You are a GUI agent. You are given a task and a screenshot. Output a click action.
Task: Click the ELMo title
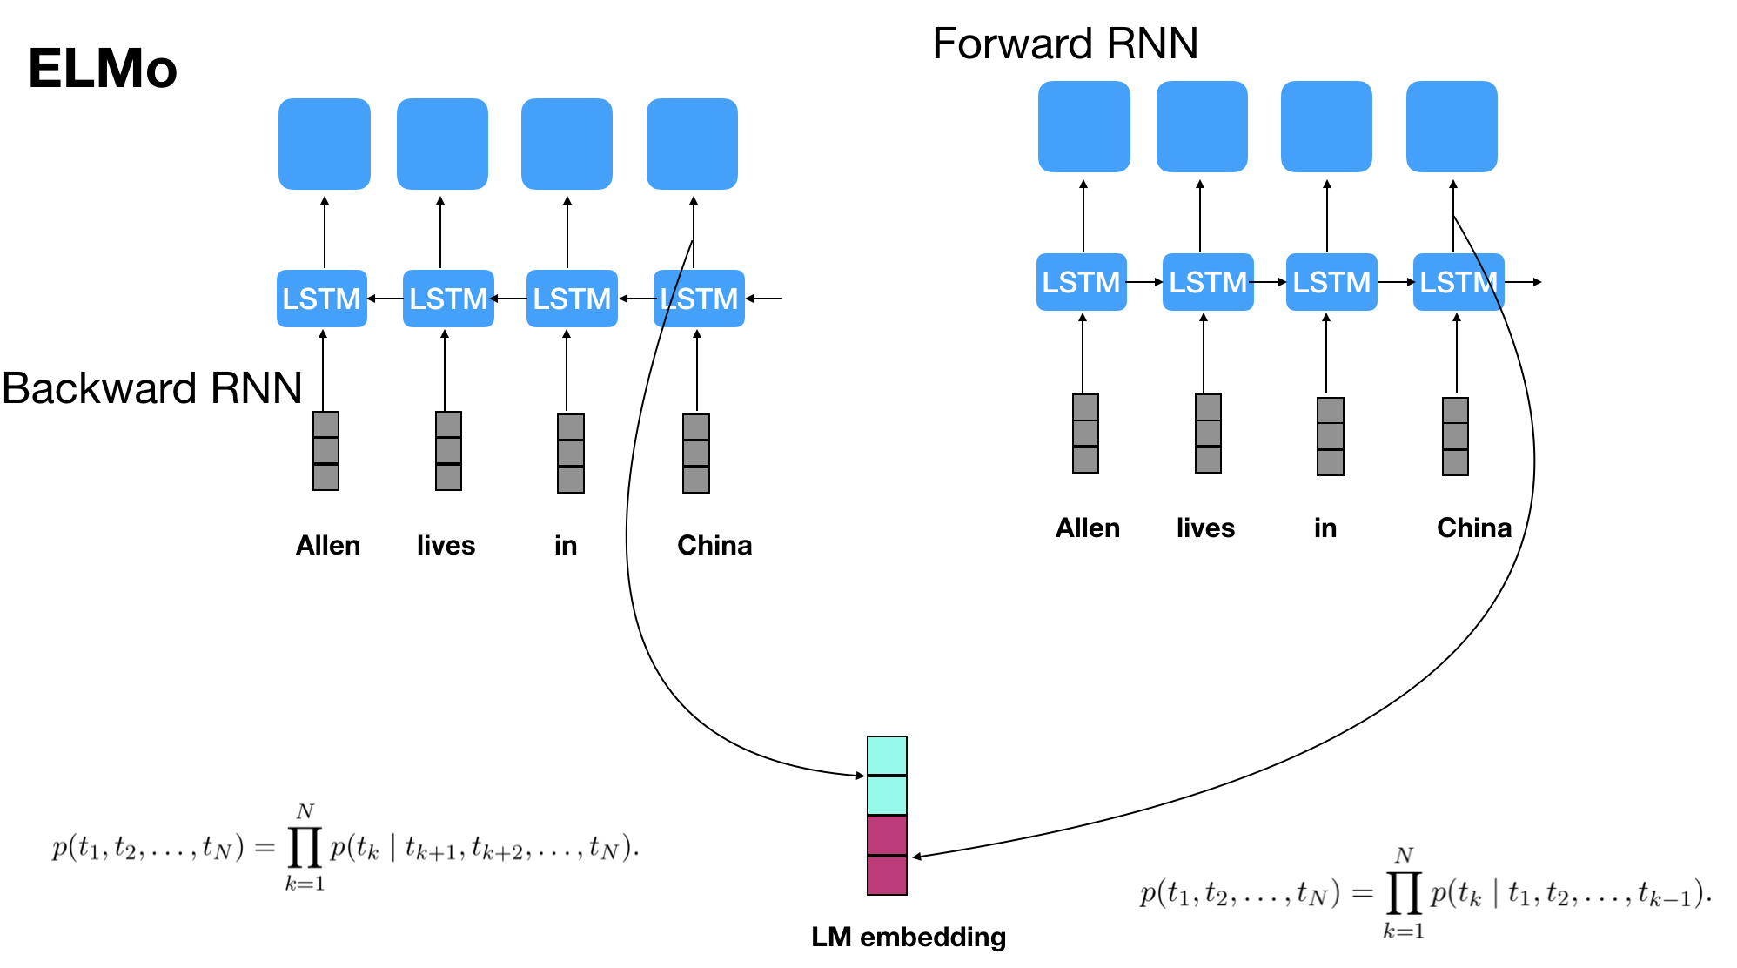pos(103,68)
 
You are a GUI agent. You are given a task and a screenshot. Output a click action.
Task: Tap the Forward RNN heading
pos(1064,44)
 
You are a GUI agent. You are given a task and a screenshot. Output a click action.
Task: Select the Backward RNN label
pos(152,388)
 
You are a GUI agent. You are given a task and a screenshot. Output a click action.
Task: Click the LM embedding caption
pos(908,937)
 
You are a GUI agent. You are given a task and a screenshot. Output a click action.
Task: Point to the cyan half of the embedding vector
pos(887,776)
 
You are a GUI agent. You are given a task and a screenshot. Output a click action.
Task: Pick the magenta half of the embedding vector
pos(887,855)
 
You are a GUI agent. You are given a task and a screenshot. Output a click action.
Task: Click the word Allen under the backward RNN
pos(328,546)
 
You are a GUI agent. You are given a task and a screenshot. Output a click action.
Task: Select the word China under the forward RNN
pos(1473,528)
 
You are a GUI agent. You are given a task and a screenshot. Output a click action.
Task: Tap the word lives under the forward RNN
pos(1205,528)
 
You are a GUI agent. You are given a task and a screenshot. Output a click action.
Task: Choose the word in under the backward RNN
pos(566,546)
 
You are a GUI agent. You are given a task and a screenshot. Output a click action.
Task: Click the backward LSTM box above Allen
pos(322,299)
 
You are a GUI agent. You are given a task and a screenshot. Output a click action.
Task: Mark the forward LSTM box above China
pos(1459,282)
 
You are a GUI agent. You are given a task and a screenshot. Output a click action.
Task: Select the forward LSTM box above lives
pos(1208,282)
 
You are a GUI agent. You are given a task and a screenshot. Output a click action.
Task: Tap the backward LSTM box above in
pos(572,299)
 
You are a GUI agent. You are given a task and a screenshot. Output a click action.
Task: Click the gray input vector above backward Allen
pos(325,451)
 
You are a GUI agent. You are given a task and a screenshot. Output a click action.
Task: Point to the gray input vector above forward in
pos(1330,436)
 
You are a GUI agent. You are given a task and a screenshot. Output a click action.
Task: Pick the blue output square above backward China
pos(692,144)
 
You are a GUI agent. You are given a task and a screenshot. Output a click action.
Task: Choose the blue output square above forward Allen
pos(1083,126)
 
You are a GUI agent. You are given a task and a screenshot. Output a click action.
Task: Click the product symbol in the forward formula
pos(1404,892)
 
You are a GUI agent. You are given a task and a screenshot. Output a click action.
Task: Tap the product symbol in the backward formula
pos(305,848)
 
